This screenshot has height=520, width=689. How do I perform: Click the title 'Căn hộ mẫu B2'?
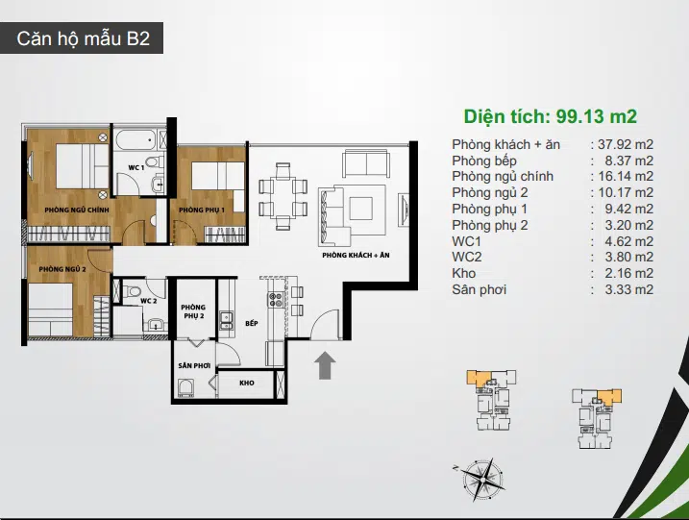pyautogui.click(x=83, y=38)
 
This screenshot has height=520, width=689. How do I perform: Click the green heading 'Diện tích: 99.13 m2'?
pyautogui.click(x=551, y=116)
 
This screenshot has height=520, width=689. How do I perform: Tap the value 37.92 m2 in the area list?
pyautogui.click(x=626, y=144)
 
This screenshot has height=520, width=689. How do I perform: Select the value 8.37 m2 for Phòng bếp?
pyautogui.click(x=628, y=161)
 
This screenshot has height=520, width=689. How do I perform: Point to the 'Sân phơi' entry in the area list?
pyautogui.click(x=479, y=289)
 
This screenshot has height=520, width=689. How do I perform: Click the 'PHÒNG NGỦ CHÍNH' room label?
pyautogui.click(x=77, y=210)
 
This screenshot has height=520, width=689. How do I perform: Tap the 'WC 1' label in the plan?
pyautogui.click(x=136, y=167)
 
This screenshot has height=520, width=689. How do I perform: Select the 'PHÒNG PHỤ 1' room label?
pyautogui.click(x=202, y=210)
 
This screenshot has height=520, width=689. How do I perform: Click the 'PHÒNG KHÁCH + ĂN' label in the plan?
pyautogui.click(x=356, y=255)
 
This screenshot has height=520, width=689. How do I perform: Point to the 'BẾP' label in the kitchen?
pyautogui.click(x=252, y=323)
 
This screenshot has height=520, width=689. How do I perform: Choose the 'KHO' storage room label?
pyautogui.click(x=247, y=383)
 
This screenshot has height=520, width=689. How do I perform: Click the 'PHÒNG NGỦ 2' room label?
pyautogui.click(x=62, y=269)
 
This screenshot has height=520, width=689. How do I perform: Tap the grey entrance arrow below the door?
pyautogui.click(x=325, y=365)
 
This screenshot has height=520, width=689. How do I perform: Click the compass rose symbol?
pyautogui.click(x=481, y=479)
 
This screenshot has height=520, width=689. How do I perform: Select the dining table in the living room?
pyautogui.click(x=283, y=196)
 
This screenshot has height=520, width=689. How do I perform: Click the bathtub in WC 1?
pyautogui.click(x=136, y=139)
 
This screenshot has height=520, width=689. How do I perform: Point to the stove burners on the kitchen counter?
pyautogui.click(x=276, y=299)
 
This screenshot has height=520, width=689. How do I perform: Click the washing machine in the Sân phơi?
pyautogui.click(x=186, y=388)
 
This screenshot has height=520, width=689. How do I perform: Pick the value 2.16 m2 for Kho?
pyautogui.click(x=628, y=273)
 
